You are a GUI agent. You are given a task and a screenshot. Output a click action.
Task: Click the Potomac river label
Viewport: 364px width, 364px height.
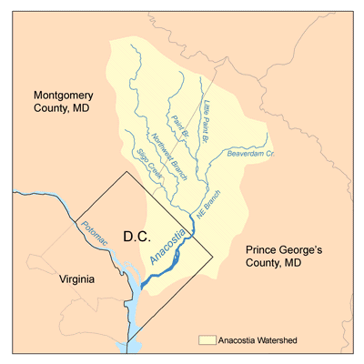coord(94,238)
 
